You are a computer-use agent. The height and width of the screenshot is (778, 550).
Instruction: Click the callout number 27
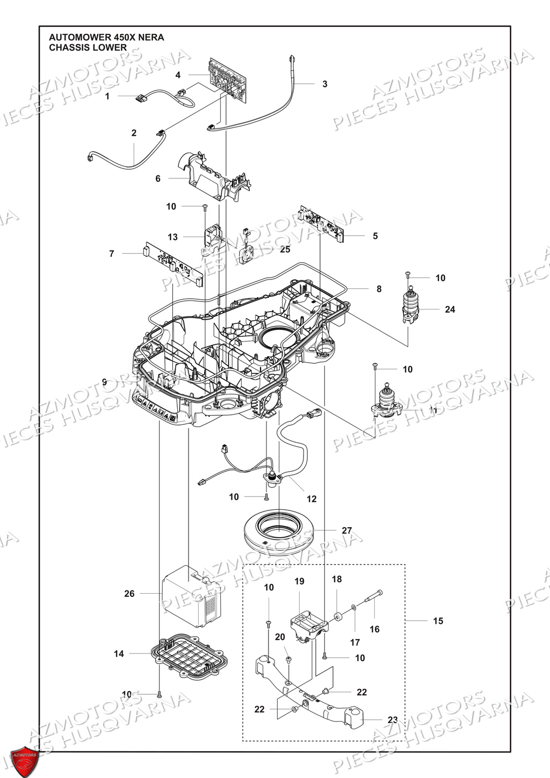(x=347, y=531)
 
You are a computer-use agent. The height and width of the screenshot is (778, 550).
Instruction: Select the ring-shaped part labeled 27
(x=278, y=538)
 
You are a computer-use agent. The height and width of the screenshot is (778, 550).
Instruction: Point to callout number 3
(x=324, y=84)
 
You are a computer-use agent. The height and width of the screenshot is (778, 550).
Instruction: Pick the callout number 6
(x=158, y=178)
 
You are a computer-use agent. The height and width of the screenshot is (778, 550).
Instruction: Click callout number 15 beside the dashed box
(x=438, y=621)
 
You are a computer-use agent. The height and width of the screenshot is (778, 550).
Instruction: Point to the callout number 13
(x=172, y=237)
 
